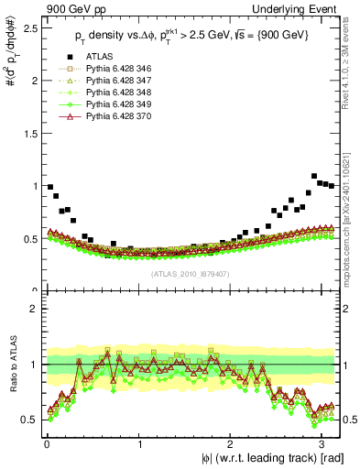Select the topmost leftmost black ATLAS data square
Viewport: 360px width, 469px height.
pyautogui.click(x=50, y=187)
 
